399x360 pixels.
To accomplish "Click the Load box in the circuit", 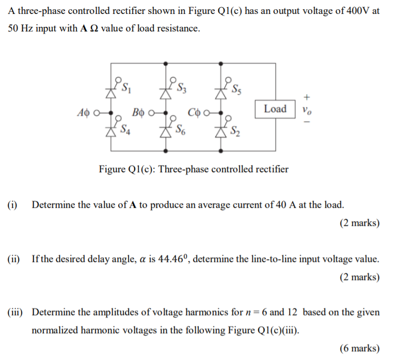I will (x=275, y=109).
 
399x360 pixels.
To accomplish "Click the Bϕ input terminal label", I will (x=138, y=112).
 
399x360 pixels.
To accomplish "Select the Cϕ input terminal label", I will (x=194, y=112).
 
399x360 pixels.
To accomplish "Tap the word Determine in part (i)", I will (x=54, y=205).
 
